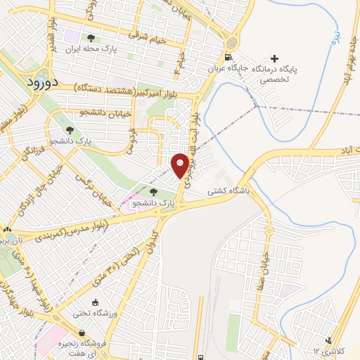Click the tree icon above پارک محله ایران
pyautogui.click(x=91, y=38)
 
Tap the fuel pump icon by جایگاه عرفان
pyautogui.click(x=226, y=58)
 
